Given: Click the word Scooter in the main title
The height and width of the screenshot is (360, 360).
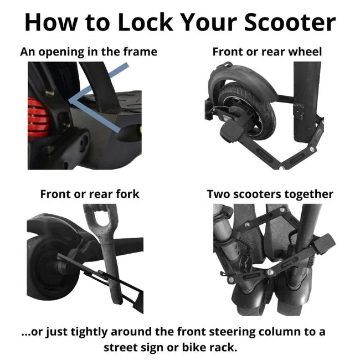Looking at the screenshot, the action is (x=290, y=22).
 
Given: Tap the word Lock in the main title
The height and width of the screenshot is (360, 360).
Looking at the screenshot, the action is (x=145, y=22).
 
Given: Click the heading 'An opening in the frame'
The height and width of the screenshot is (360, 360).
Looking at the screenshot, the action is (x=89, y=52).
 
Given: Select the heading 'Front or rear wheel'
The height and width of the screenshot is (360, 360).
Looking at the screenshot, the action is (x=267, y=52).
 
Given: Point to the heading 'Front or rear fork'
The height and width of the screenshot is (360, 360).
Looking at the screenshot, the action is (x=90, y=194).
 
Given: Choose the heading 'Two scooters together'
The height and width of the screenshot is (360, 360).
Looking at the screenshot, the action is (x=270, y=194).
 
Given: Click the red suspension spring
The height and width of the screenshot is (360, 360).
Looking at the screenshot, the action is (x=38, y=117).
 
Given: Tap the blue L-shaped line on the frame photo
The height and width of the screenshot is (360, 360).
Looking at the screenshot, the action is (x=98, y=99).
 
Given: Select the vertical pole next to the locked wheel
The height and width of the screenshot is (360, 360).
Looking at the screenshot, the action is (x=307, y=102).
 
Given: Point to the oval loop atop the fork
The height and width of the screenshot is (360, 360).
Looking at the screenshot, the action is (x=101, y=220).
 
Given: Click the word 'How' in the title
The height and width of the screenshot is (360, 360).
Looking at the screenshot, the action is (x=51, y=22).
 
